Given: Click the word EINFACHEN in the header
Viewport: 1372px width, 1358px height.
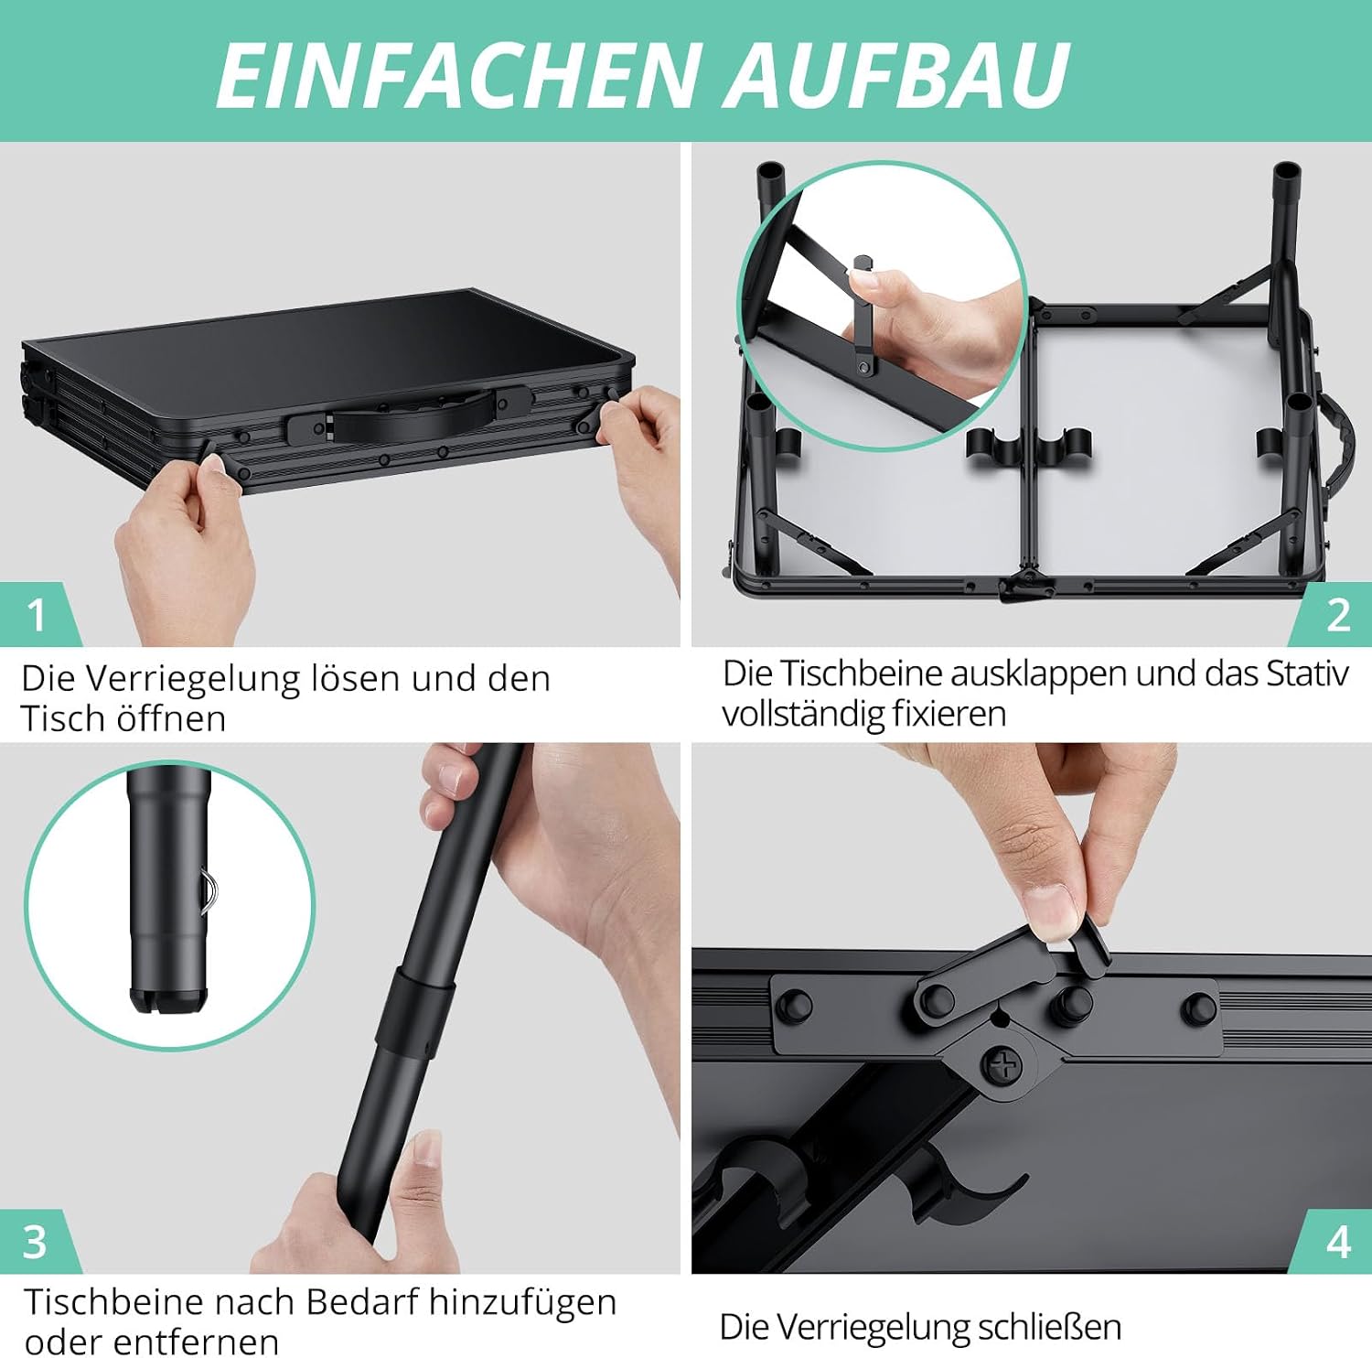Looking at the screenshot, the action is pos(456,74).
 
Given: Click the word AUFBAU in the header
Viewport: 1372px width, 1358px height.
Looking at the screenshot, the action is pos(897,74).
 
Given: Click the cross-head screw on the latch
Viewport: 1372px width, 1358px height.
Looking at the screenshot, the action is pos(1003,1064).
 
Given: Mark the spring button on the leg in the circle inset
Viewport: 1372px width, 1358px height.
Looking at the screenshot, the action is pos(209,889).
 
